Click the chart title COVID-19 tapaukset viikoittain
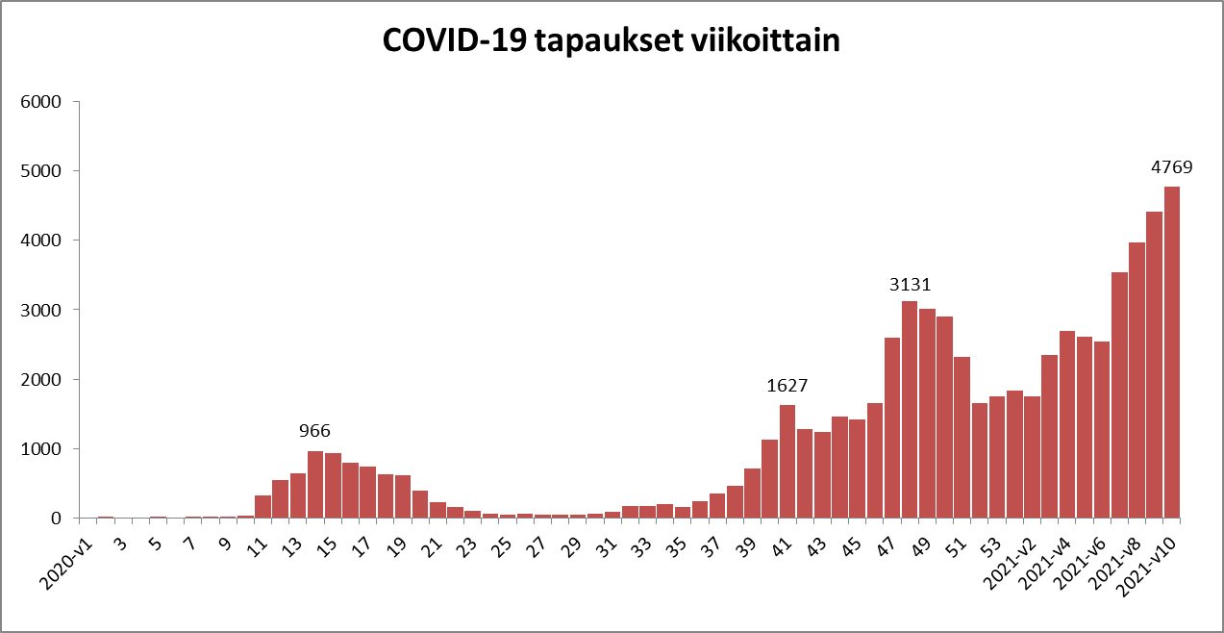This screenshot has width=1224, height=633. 612,41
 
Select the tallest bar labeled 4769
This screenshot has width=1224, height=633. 1172,352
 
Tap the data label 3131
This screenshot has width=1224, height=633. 910,285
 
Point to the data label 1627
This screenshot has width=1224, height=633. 787,386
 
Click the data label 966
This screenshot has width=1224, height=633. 314,431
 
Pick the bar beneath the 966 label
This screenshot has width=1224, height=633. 315,485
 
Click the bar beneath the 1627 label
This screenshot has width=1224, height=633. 787,462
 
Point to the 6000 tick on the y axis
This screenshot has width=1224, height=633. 40,102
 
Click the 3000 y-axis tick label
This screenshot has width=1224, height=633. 40,310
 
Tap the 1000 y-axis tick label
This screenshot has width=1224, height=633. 40,449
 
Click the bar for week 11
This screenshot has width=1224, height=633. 262,507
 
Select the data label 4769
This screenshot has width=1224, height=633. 1171,167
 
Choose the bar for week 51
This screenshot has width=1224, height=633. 962,438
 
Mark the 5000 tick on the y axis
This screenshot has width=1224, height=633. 40,171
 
